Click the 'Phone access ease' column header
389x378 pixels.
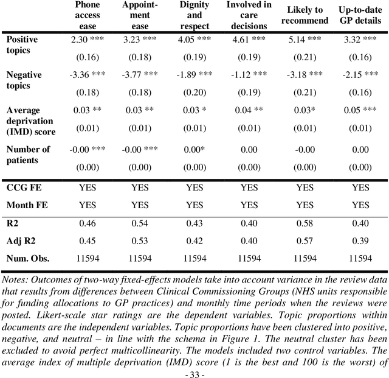87,16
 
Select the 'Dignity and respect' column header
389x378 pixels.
194,16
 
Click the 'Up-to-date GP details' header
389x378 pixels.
361,16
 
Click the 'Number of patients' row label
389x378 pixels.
28,155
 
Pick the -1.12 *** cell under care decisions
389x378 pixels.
249,75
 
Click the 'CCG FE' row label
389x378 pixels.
24,188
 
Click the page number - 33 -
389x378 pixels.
195,372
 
